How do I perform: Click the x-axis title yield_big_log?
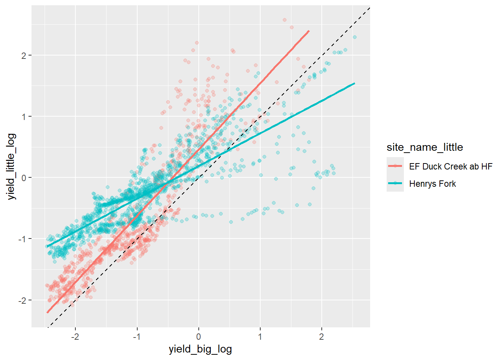(x=200, y=349)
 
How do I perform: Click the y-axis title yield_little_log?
(x=12, y=166)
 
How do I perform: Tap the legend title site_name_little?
(x=424, y=147)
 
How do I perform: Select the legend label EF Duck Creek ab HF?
(x=450, y=166)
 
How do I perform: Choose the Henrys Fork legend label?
(x=432, y=184)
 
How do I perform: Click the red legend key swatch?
(x=395, y=166)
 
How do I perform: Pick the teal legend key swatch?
(x=395, y=183)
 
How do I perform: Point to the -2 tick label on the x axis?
(x=75, y=336)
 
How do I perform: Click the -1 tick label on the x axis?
(x=136, y=336)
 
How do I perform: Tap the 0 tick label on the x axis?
(x=198, y=336)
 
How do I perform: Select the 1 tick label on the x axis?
(x=260, y=336)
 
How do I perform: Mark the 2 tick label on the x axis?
(x=321, y=336)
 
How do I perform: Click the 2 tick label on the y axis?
(x=24, y=55)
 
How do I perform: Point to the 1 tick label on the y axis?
(x=24, y=117)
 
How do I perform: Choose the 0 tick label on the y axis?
(x=24, y=178)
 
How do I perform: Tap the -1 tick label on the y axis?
(x=23, y=239)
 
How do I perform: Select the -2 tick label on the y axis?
(x=23, y=300)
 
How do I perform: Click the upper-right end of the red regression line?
(x=309, y=31)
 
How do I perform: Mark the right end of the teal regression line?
(x=354, y=83)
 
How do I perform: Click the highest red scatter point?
(x=284, y=20)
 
